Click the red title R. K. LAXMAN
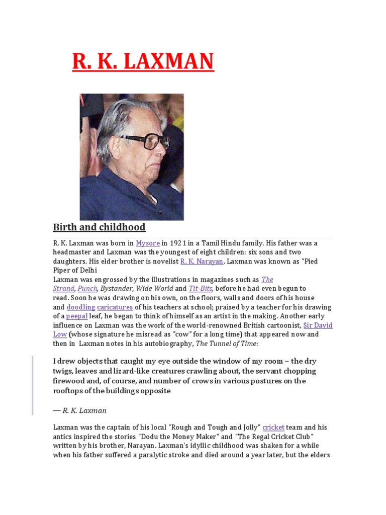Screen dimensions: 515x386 [143, 62]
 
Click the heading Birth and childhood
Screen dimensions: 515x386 [99, 227]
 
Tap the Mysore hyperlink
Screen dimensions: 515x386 [148, 243]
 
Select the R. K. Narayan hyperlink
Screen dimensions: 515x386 [202, 262]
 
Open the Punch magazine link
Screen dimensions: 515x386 [87, 289]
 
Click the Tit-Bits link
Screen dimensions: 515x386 [201, 289]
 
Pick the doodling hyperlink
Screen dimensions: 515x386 [81, 307]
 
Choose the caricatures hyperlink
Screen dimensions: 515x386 [115, 307]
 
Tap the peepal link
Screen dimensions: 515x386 [77, 316]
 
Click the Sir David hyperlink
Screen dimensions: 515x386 [318, 325]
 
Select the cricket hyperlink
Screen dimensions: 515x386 [273, 427]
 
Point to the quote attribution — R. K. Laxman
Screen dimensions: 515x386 [80, 410]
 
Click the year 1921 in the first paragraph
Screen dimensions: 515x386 [180, 243]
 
